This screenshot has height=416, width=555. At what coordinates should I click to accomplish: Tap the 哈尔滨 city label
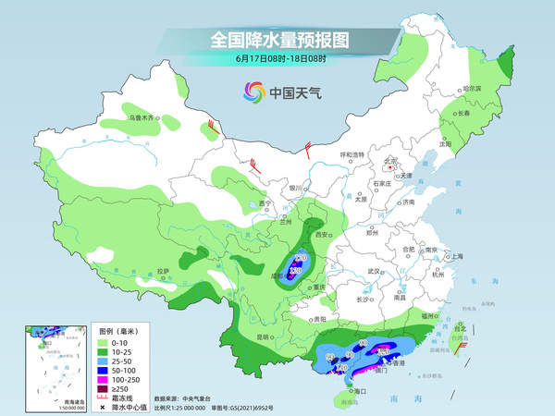pyautogui.click(x=472, y=88)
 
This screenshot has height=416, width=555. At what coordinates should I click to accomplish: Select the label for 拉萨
pyautogui.click(x=163, y=271)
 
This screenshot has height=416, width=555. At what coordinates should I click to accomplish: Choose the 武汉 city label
pyautogui.click(x=375, y=270)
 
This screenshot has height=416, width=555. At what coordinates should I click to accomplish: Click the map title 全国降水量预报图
pyautogui.click(x=277, y=40)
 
